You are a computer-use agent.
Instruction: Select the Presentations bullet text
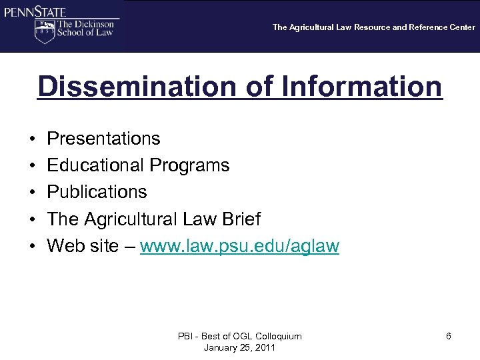(103, 139)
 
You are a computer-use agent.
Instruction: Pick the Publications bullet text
(97, 192)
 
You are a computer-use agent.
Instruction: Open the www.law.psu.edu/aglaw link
(240, 246)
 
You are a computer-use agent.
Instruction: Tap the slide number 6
(449, 337)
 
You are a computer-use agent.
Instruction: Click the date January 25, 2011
(239, 347)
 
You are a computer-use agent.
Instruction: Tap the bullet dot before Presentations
(33, 139)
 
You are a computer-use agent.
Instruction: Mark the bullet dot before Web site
(33, 247)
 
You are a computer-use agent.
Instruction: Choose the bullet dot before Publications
(33, 193)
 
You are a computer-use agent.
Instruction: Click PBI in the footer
(185, 337)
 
